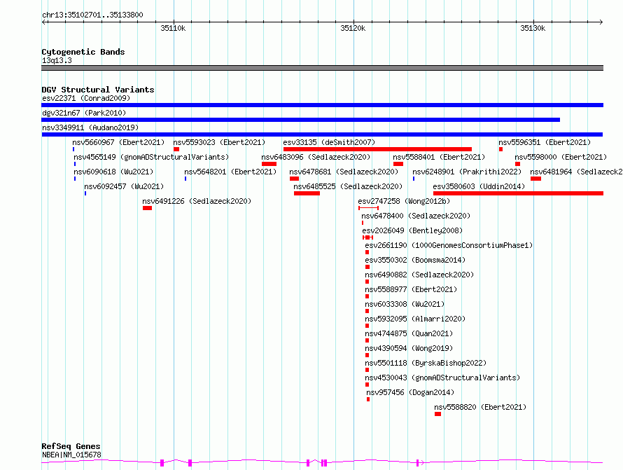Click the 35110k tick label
tap(173, 28)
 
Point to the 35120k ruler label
tap(353, 28)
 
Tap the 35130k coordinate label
tap(533, 28)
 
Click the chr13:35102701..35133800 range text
tap(92, 15)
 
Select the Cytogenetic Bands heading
tap(83, 52)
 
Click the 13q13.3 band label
tap(57, 60)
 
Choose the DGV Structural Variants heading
tap(98, 90)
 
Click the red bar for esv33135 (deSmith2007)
tap(377, 149)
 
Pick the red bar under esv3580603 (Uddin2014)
tap(518, 193)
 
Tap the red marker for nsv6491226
tap(148, 208)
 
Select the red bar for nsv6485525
tap(307, 193)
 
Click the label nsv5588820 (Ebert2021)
tap(480, 407)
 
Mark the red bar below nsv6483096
tap(269, 164)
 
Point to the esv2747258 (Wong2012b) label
tap(404, 201)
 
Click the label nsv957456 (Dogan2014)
tap(410, 392)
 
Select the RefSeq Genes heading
tap(71, 446)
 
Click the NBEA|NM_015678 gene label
tap(71, 455)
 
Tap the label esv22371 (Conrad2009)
tap(86, 98)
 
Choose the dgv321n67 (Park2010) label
tap(84, 113)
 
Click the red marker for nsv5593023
tap(176, 149)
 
